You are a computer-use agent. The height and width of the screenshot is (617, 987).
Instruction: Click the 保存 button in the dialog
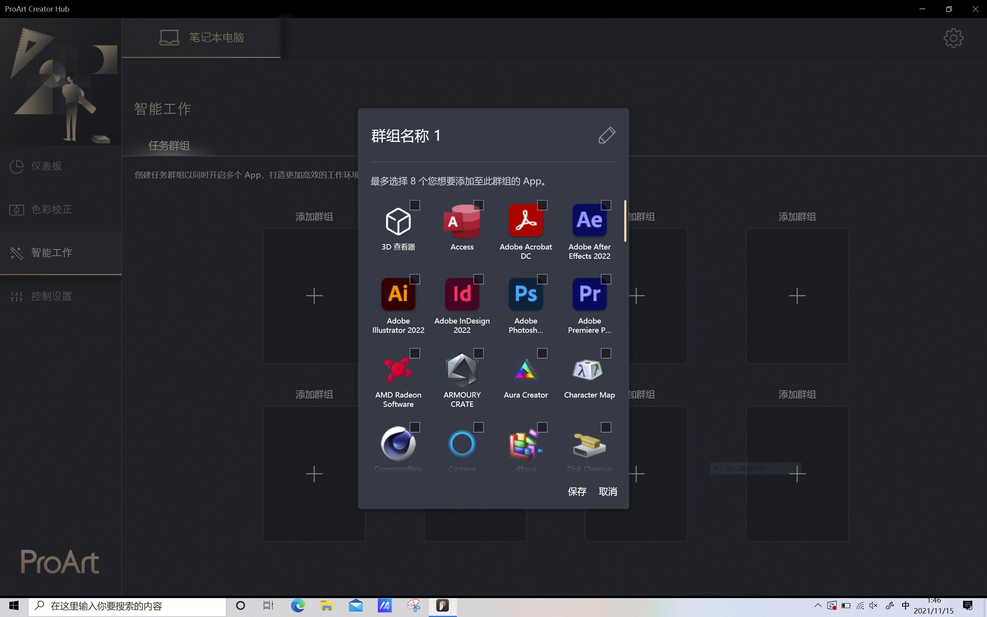point(577,491)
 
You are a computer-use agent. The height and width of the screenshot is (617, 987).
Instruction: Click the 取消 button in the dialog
point(607,491)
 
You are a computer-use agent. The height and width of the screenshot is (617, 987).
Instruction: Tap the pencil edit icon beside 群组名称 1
point(606,135)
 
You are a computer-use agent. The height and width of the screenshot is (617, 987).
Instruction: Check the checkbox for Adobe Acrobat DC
point(542,205)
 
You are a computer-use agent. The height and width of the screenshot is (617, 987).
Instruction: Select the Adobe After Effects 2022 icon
point(589,221)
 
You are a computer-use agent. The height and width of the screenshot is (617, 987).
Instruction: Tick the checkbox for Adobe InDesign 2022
point(478,279)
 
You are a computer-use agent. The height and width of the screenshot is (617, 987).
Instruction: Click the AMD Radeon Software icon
point(398,369)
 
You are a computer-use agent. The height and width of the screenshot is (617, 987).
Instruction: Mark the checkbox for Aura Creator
point(542,353)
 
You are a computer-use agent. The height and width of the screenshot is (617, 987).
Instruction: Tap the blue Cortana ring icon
point(461,443)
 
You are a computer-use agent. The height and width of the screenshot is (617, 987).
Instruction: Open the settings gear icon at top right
point(953,38)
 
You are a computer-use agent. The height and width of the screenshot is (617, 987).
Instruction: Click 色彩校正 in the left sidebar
point(51,209)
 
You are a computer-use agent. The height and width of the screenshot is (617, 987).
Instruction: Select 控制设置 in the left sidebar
point(51,296)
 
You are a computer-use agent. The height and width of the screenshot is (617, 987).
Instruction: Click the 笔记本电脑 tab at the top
point(202,37)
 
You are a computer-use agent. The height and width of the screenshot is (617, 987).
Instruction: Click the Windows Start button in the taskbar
point(14,605)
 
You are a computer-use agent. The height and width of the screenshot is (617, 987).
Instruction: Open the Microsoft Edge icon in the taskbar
point(298,605)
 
